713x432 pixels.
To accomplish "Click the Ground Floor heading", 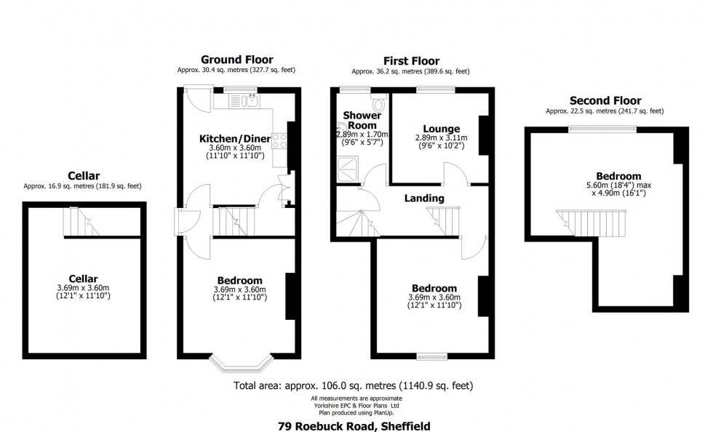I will click(x=236, y=60).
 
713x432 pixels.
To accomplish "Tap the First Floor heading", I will click(x=411, y=60).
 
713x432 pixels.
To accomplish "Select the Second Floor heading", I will click(x=605, y=100).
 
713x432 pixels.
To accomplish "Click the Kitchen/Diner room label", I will click(x=236, y=138).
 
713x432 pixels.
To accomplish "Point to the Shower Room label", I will click(x=362, y=120).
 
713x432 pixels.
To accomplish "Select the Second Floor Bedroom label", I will click(x=618, y=176).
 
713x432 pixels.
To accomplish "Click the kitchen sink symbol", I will click(x=250, y=101).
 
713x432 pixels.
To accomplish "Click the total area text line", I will click(x=356, y=385).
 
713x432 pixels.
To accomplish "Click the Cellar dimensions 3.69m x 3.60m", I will click(x=84, y=288).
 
